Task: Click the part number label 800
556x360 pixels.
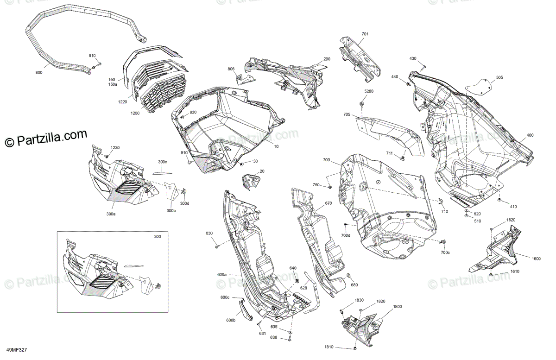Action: (x=38, y=73)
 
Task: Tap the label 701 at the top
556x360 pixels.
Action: (x=365, y=34)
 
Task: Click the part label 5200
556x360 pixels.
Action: (x=369, y=91)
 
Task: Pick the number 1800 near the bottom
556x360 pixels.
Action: (x=398, y=307)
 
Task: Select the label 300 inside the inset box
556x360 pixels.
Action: (x=158, y=237)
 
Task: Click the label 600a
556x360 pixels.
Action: (x=221, y=275)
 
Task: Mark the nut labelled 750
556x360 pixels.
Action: (x=329, y=186)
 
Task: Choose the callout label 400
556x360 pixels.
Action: (x=530, y=136)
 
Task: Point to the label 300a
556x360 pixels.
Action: (x=111, y=215)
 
